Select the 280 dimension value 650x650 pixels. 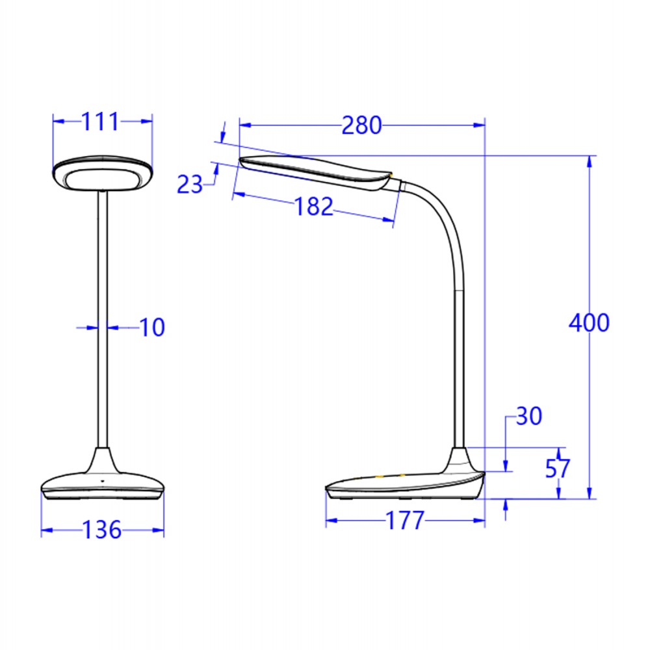[362, 125]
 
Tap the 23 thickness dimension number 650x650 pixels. [190, 185]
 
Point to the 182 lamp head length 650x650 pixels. [314, 207]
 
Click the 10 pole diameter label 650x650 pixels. [152, 328]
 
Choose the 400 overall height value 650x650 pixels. [589, 323]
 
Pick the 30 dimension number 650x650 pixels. [528, 416]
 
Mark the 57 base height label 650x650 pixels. [558, 469]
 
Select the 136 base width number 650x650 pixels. [102, 530]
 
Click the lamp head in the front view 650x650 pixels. [103, 174]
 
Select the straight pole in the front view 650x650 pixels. [102, 318]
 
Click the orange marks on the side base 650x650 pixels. [390, 477]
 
